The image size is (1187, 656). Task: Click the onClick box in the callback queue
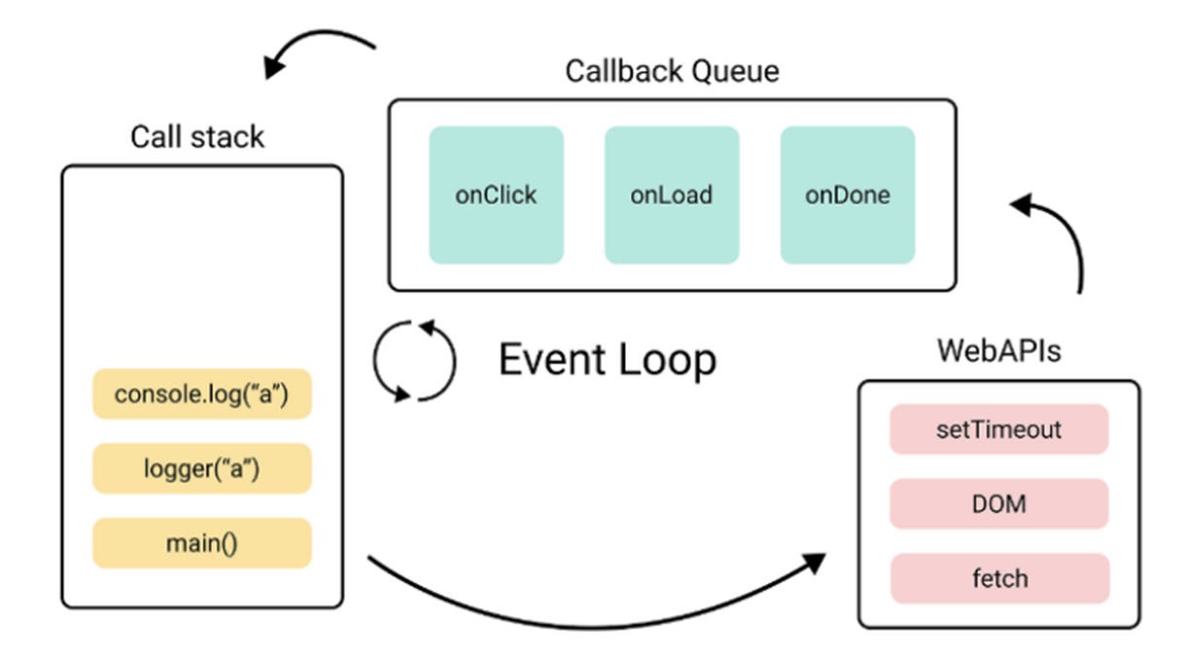point(496,195)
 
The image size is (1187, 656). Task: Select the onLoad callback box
point(672,195)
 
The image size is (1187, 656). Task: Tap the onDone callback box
point(848,195)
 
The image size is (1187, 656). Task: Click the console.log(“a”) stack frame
point(202,394)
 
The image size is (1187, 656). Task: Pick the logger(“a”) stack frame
point(202,468)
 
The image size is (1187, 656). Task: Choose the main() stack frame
point(202,543)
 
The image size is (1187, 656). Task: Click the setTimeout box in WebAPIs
point(998,430)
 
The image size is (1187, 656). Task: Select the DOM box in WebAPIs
point(998,504)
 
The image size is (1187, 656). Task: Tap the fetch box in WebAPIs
point(1000,578)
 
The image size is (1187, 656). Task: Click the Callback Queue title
point(672,71)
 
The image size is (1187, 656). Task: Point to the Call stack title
point(197,137)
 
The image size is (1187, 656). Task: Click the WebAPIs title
point(998,350)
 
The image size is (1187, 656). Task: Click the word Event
point(552,360)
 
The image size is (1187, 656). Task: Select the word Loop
point(667,361)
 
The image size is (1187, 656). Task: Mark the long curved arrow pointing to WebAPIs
point(593,628)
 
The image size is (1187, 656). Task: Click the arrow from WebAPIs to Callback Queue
point(1071,233)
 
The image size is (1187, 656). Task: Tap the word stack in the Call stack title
point(227,137)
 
